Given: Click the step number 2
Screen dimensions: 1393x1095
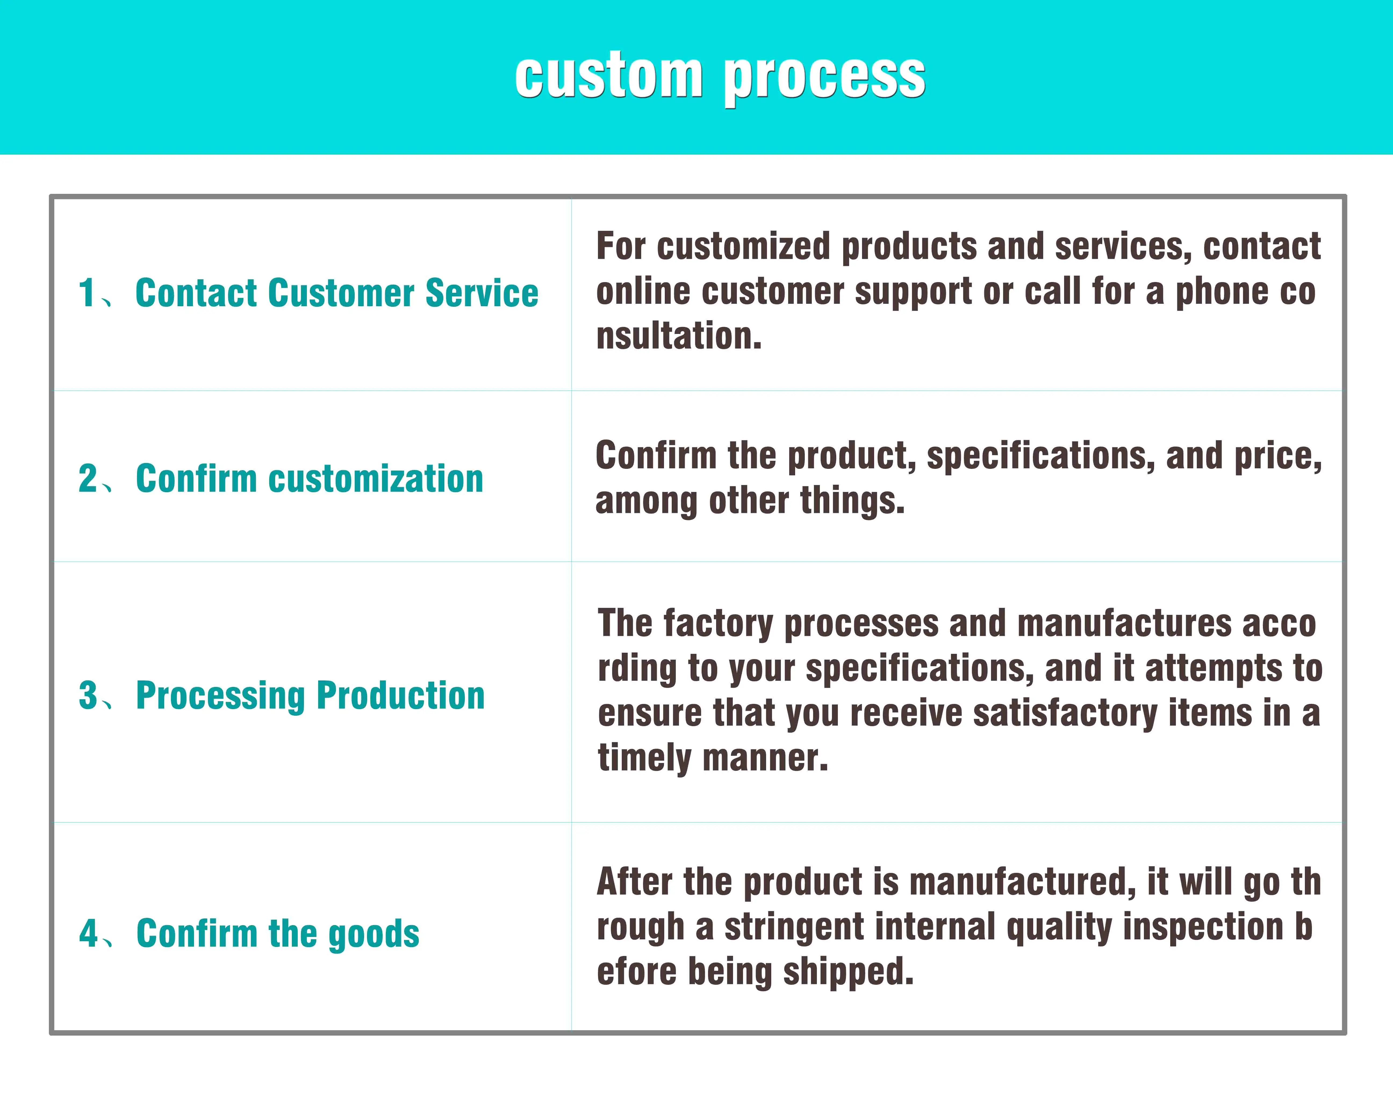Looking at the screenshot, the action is pos(87,478).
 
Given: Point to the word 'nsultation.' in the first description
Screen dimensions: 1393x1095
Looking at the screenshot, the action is pos(679,336).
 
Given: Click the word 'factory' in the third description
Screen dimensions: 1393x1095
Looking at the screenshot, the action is pos(718,624).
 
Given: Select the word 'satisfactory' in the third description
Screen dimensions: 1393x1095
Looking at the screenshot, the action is pos(1065,714).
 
